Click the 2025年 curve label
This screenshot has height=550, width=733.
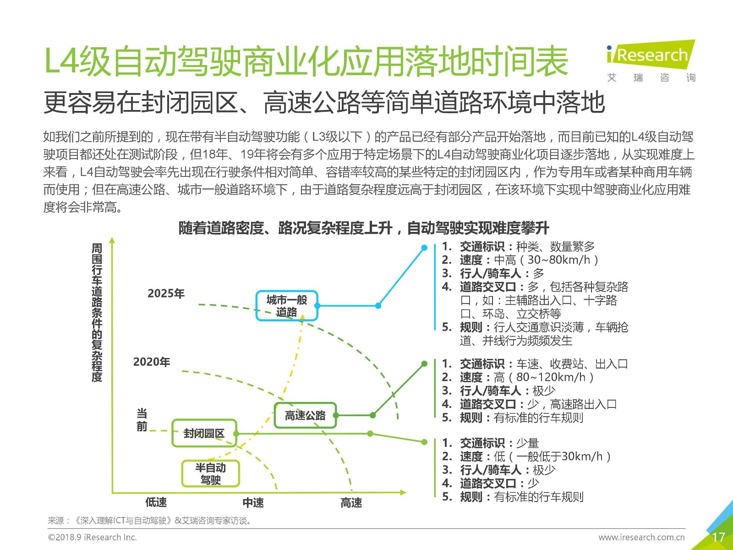point(166,293)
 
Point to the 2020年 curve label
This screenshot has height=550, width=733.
point(152,362)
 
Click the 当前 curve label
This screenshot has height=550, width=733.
point(142,420)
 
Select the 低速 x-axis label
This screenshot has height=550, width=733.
point(156,502)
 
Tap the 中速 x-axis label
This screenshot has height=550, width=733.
point(253,502)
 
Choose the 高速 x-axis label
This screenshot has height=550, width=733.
point(351,502)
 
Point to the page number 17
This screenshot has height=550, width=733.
point(718,537)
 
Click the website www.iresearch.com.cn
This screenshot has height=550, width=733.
point(641,537)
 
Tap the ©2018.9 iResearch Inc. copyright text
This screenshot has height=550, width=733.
point(93,537)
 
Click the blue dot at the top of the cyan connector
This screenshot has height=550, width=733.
point(424,248)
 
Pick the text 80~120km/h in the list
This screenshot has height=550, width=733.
point(551,377)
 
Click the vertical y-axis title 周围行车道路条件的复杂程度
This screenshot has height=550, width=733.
point(97,312)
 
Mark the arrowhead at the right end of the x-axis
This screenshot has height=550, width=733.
point(403,492)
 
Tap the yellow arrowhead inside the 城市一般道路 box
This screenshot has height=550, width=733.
point(302,317)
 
